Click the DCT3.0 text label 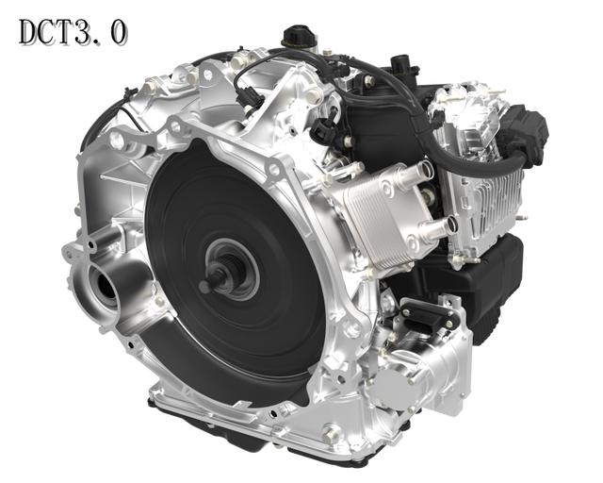(73, 32)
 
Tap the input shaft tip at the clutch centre (204, 286)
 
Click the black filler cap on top (300, 36)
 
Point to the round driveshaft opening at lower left (105, 286)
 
